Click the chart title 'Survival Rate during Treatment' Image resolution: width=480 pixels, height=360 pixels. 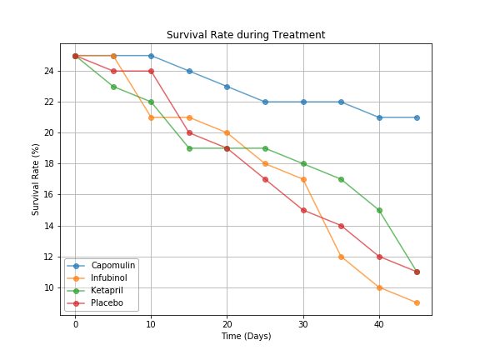[246, 35]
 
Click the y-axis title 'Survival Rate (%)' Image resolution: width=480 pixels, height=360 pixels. [36, 179]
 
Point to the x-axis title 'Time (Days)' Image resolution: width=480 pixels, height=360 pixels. [246, 336]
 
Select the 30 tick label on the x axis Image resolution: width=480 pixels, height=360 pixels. [303, 323]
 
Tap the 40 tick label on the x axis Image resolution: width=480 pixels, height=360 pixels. [379, 323]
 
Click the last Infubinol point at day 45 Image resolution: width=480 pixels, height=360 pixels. [417, 302]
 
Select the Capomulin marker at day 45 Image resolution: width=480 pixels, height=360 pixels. [417, 117]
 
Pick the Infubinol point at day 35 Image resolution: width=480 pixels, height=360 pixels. [341, 257]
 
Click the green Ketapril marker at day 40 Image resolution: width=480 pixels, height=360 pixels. [379, 210]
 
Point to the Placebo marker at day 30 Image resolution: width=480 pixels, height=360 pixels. [303, 210]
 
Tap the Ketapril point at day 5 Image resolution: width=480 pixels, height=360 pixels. [113, 87]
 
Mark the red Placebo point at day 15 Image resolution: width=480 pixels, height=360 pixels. [189, 132]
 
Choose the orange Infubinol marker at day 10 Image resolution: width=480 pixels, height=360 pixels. [151, 117]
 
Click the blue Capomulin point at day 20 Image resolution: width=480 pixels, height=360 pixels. [227, 87]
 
